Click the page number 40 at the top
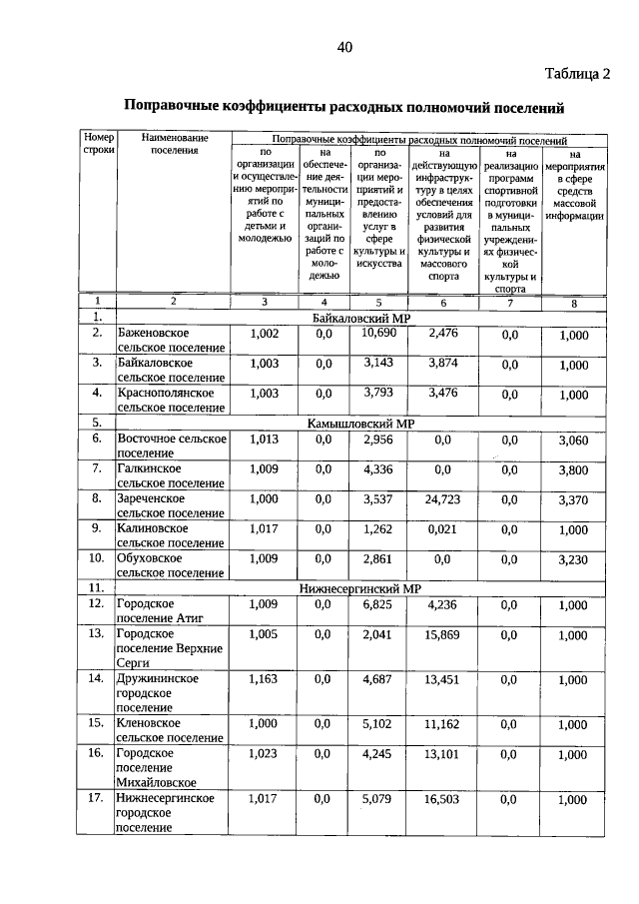344,47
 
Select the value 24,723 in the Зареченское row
442,498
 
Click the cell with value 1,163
265,679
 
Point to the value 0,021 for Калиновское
442,529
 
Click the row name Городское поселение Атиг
161,611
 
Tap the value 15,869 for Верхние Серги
442,634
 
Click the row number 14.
97,679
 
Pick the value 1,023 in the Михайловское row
265,754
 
